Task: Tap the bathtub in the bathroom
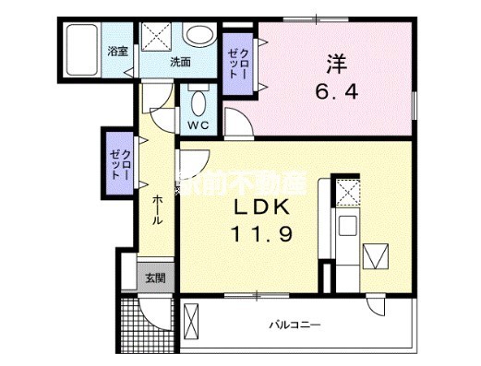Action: point(83,51)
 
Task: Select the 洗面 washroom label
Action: point(179,63)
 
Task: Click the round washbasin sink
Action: point(196,36)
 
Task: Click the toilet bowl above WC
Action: point(198,99)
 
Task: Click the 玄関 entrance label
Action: point(154,277)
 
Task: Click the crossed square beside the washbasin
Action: point(154,37)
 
